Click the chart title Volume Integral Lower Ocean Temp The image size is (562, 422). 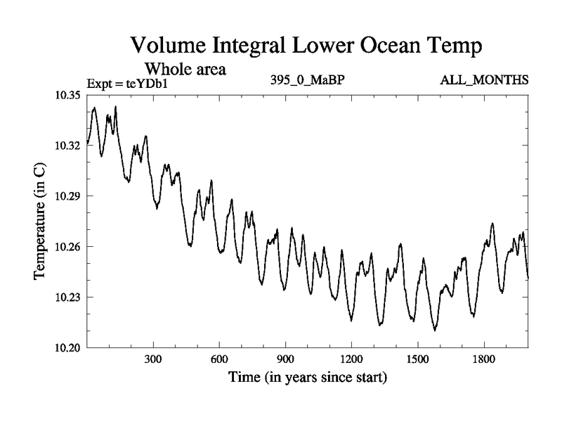point(306,47)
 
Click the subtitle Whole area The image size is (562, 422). point(185,69)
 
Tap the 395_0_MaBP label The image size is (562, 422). point(307,80)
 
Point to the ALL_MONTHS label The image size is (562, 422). point(484,80)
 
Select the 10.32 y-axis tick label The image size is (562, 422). point(68,146)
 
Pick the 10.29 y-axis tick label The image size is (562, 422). point(68,196)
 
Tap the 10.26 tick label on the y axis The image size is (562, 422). point(68,247)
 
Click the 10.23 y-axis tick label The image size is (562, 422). point(68,298)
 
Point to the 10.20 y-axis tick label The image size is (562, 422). point(68,348)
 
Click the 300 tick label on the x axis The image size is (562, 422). point(153,359)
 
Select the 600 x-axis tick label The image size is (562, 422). point(219,359)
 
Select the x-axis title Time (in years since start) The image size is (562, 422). point(307,378)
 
